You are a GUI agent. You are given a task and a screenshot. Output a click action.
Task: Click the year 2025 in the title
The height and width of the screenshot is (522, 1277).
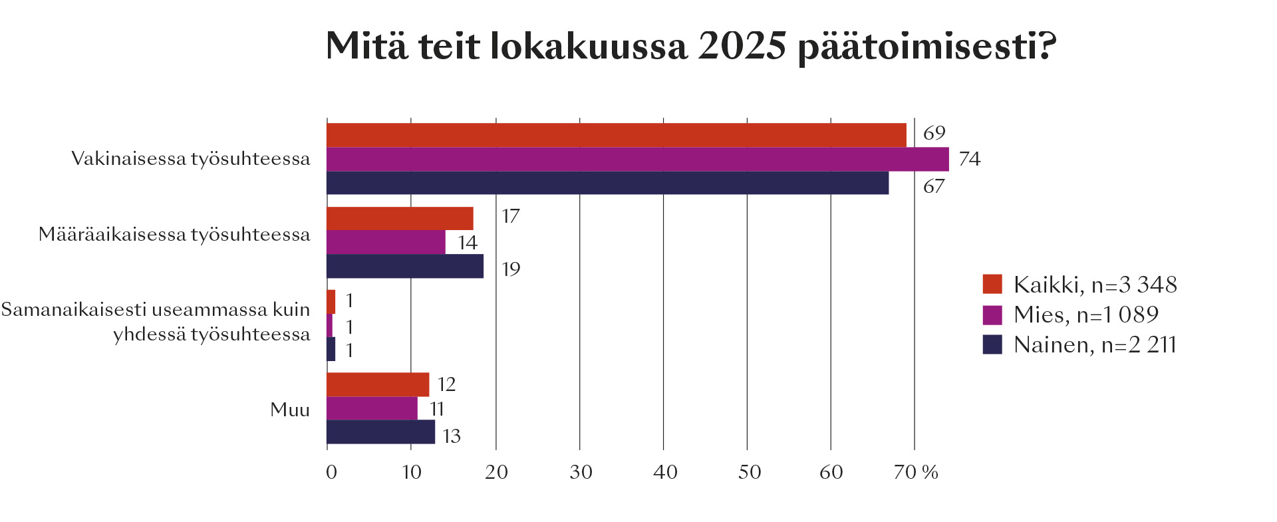(x=742, y=47)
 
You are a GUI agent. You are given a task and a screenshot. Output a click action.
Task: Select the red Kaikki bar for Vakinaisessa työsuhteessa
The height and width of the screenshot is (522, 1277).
(x=616, y=135)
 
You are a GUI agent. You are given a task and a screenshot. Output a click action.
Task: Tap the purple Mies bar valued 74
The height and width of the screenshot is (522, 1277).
(x=637, y=160)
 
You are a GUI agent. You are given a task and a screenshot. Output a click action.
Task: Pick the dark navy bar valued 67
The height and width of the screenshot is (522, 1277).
(x=607, y=183)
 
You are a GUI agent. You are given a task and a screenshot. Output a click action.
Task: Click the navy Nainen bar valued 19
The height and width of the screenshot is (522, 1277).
(x=404, y=266)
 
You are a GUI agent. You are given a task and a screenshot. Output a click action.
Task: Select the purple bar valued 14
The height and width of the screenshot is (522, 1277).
(x=386, y=242)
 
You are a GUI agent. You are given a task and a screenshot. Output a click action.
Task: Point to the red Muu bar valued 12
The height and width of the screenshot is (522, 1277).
(x=378, y=384)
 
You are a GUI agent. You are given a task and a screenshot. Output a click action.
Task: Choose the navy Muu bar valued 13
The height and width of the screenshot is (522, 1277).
(x=380, y=432)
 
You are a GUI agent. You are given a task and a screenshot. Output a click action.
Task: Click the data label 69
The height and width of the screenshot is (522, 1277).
(x=934, y=133)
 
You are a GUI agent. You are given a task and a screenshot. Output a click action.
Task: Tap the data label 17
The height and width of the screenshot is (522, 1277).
(x=510, y=217)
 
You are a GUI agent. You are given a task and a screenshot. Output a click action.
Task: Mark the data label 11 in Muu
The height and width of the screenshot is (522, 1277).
(x=436, y=408)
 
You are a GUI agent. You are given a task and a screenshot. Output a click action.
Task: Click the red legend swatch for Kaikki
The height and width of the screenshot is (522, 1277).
(x=992, y=284)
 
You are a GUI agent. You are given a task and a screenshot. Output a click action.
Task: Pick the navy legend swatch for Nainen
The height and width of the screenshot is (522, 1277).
(x=992, y=344)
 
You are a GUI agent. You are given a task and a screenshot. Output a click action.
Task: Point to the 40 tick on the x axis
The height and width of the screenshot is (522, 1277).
(x=664, y=472)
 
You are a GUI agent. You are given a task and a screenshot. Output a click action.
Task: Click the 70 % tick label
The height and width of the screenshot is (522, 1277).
(x=916, y=472)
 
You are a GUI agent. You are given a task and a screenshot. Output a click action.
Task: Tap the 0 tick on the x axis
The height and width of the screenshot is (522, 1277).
(x=331, y=472)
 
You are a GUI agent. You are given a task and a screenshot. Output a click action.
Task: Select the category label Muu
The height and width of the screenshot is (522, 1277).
(x=290, y=410)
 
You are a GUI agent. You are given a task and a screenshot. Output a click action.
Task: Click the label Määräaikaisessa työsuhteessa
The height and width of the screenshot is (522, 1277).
(x=174, y=235)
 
